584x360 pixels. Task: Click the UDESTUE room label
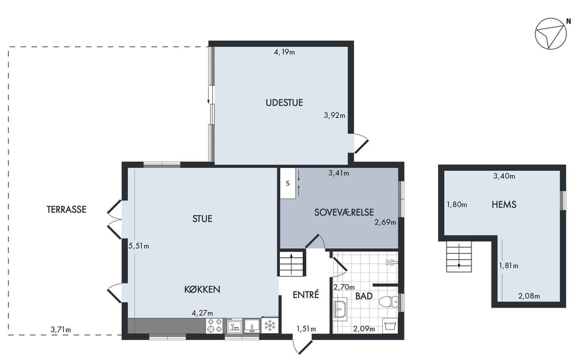284,102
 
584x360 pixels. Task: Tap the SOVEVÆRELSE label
344,212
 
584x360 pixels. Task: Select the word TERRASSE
66,209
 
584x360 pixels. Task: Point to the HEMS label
504,204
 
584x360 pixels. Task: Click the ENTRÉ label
306,294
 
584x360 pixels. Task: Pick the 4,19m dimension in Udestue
284,52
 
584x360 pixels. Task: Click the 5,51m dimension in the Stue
139,246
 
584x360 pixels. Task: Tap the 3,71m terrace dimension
61,329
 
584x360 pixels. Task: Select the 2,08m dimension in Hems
529,296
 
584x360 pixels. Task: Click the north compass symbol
551,33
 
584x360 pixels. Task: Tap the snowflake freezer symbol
269,325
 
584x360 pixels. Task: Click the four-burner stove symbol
214,326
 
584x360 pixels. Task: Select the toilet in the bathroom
389,301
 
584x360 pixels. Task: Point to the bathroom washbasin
339,309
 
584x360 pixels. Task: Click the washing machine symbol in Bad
391,326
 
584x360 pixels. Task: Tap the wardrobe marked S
288,183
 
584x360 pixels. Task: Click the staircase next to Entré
292,263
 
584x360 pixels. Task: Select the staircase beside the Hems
459,256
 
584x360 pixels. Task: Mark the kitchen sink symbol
252,326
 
